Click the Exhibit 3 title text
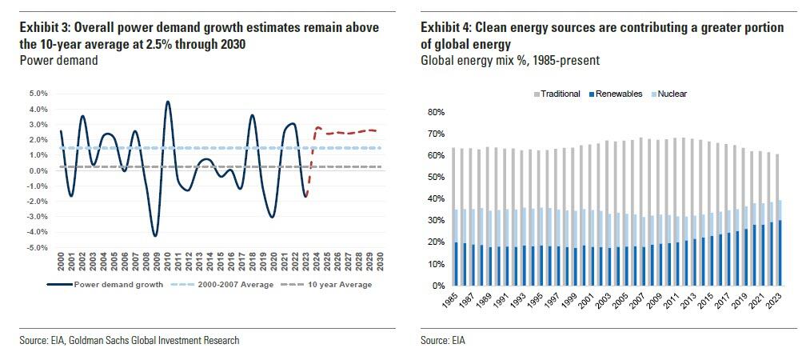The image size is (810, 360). pyautogui.click(x=200, y=34)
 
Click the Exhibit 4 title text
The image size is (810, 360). pyautogui.click(x=601, y=34)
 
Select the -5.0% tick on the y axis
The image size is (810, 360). pyautogui.click(x=38, y=248)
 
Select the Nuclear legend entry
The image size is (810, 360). pyautogui.click(x=669, y=94)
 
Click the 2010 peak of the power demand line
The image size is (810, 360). pyautogui.click(x=167, y=102)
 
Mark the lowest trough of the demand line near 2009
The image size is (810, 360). pyautogui.click(x=155, y=235)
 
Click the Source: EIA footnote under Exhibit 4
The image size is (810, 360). pyautogui.click(x=443, y=341)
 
